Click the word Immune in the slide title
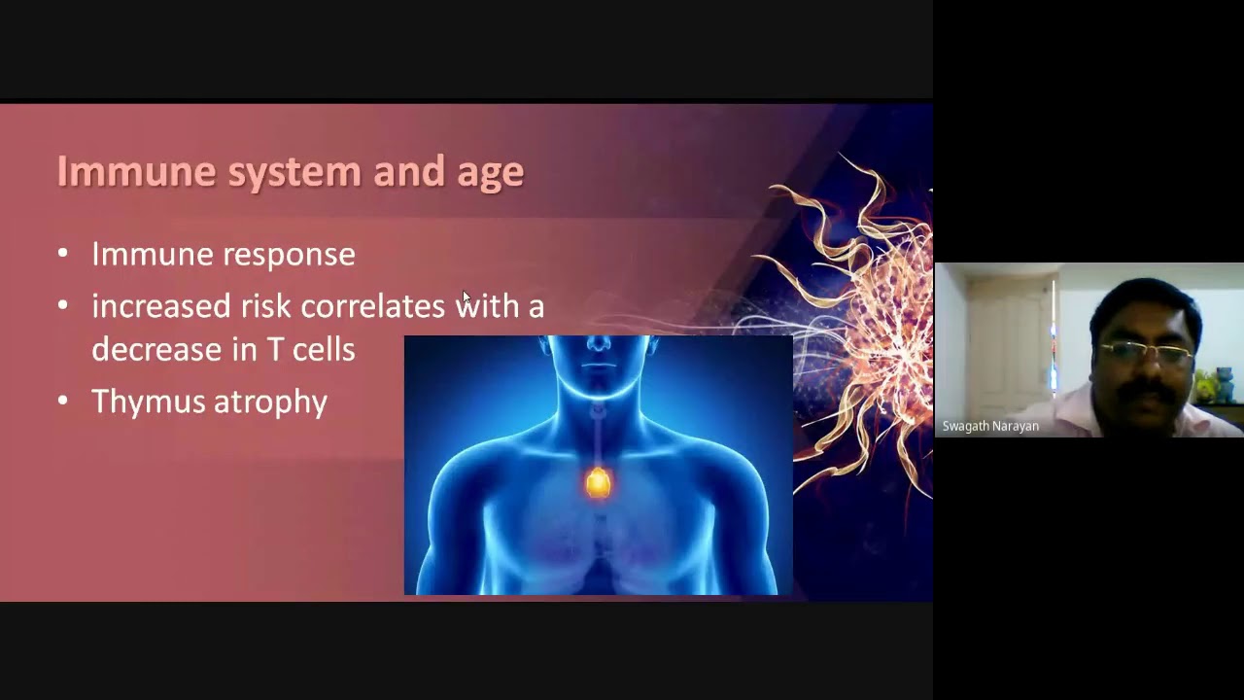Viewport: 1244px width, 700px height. [x=137, y=171]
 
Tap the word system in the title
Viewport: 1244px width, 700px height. [x=294, y=174]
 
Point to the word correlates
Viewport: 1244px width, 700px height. [x=372, y=306]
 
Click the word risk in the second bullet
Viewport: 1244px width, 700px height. [x=266, y=305]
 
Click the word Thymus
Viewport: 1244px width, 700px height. [x=149, y=402]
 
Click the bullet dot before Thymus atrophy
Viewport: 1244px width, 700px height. [x=63, y=400]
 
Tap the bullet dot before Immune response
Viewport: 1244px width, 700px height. [x=63, y=254]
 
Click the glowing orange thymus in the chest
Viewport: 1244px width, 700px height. [x=598, y=482]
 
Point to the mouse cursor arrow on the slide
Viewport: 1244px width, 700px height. [x=466, y=297]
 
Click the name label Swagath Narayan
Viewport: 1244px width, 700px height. [x=990, y=427]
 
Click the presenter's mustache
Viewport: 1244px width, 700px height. [x=1145, y=391]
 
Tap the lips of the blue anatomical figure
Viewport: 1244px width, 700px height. [x=598, y=366]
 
